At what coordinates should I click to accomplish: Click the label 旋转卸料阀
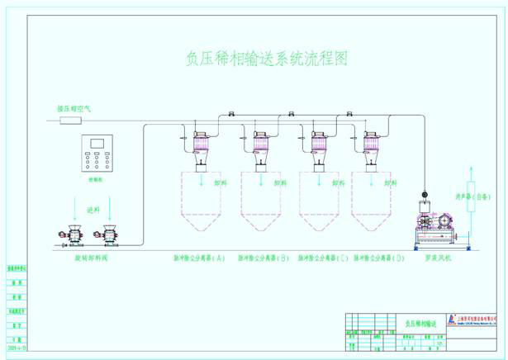tap(92, 258)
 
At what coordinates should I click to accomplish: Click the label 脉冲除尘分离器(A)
tap(197, 258)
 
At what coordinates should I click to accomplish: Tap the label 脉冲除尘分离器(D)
tap(379, 258)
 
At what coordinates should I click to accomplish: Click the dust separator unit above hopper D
tap(370, 144)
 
